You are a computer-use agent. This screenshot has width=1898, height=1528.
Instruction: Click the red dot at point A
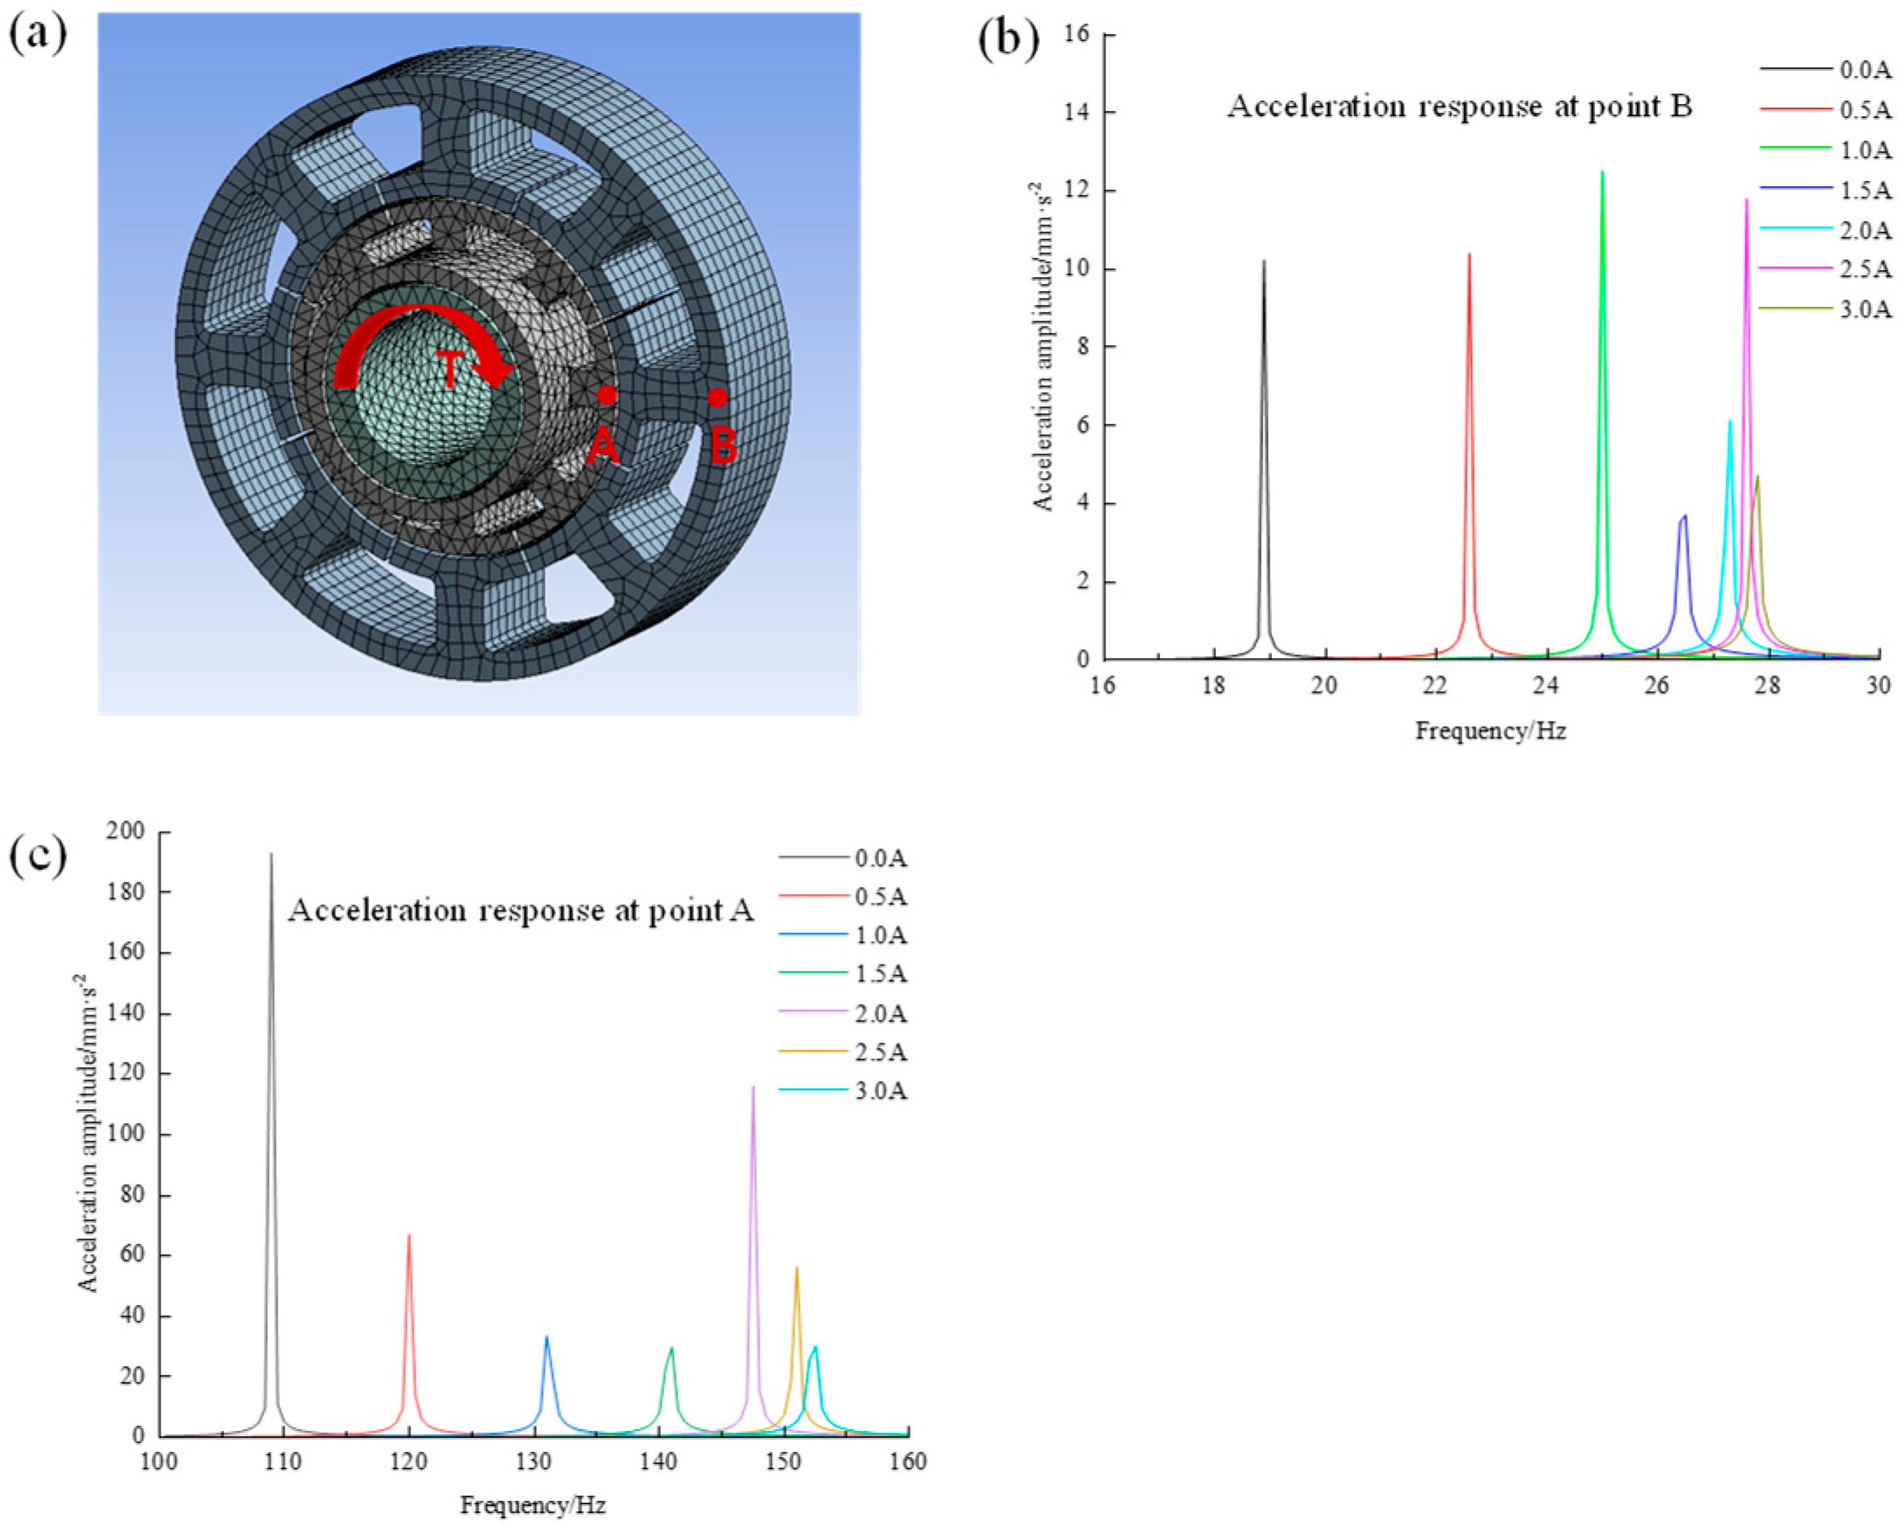coord(606,395)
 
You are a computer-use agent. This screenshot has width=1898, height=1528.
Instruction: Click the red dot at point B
coord(718,398)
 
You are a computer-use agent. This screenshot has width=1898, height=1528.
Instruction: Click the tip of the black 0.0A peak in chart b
coord(1263,261)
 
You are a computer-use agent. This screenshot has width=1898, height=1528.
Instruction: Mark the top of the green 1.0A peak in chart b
coord(1601,172)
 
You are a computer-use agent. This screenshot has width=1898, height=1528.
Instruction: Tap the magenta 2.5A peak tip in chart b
coord(1747,200)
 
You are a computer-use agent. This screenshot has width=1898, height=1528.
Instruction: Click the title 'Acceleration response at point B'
coord(1460,107)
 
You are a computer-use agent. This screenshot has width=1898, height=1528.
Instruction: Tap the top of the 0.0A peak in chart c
coord(272,854)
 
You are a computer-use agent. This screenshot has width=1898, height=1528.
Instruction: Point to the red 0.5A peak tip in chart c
coord(409,1234)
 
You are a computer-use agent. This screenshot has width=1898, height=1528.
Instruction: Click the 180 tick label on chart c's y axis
coord(125,892)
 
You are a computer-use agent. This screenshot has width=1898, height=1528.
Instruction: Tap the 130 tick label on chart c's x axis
coord(533,1462)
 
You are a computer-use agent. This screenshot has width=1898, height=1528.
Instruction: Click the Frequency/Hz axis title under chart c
coord(533,1505)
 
